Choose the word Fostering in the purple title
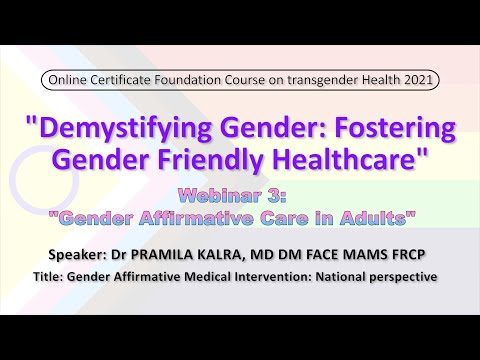click(x=390, y=129)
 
